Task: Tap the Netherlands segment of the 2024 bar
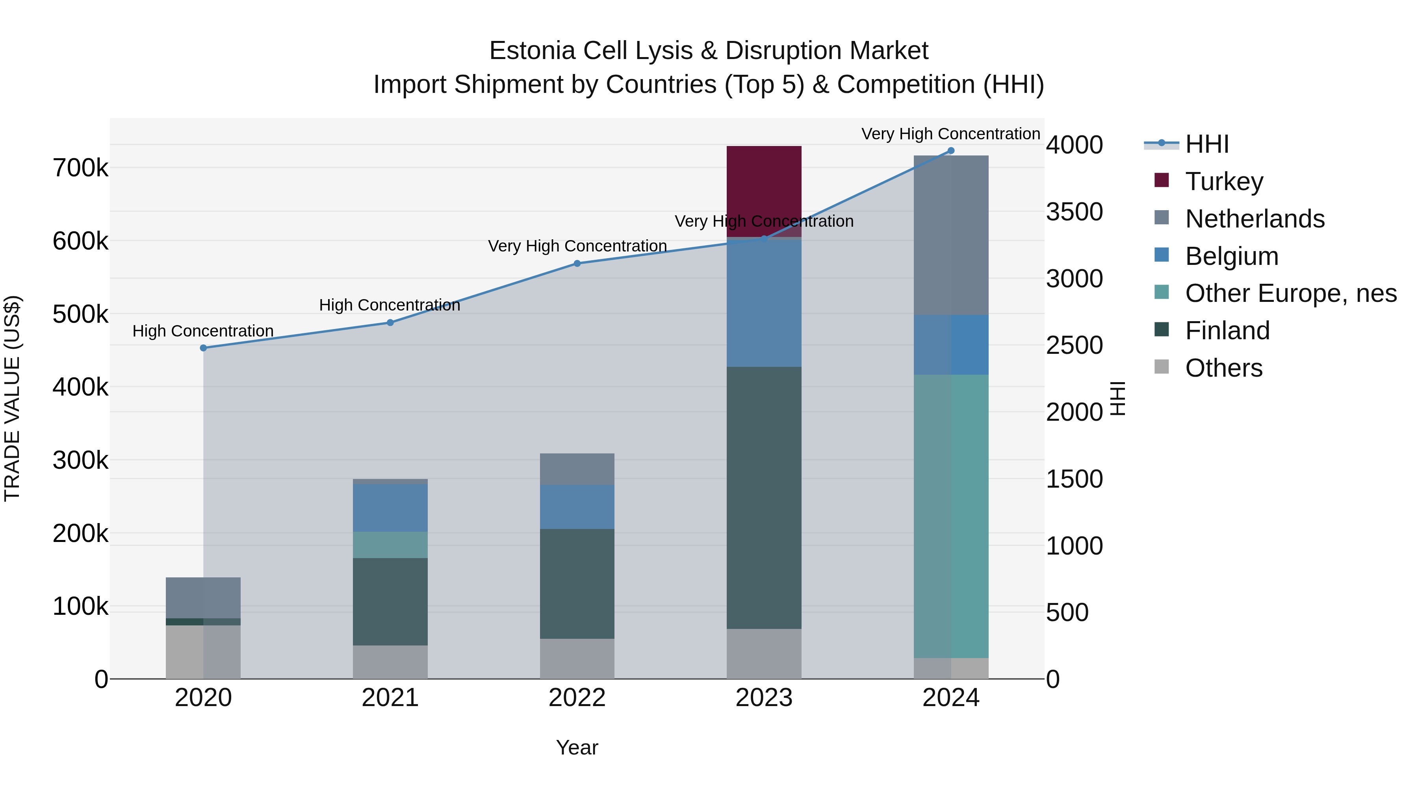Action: tap(951, 235)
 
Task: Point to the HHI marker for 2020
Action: tap(203, 348)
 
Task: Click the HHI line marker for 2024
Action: tap(951, 151)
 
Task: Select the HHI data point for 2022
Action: tap(577, 263)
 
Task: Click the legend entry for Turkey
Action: tap(1224, 181)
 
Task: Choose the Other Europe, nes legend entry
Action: tap(1290, 293)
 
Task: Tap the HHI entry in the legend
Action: tap(1206, 144)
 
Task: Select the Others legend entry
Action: tap(1223, 368)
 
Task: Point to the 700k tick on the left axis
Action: tap(80, 168)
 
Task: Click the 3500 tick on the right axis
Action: tap(1074, 212)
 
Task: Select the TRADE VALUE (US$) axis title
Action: tap(12, 398)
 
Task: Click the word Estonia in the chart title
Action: tap(532, 51)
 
